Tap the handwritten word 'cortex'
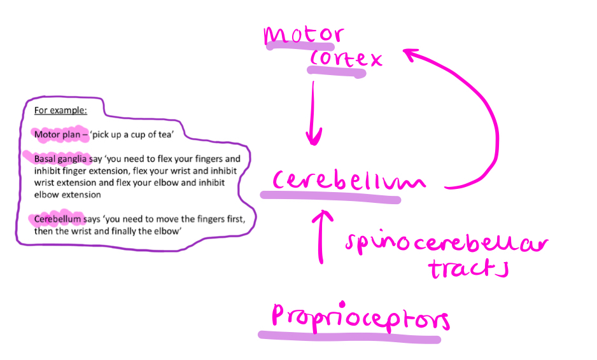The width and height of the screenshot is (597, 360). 346,59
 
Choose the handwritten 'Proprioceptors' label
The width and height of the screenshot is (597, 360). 360,316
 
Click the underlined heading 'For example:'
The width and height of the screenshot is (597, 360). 60,110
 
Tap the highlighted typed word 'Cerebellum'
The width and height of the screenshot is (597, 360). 58,219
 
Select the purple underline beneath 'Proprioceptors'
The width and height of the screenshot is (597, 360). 349,336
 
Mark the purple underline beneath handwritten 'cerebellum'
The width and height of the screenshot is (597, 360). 331,198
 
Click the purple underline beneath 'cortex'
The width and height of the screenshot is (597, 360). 337,73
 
